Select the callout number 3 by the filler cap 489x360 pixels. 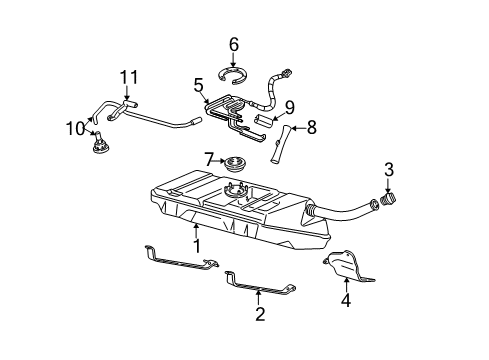coord(389,169)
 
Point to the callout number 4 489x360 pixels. coord(347,298)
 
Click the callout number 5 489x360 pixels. coord(198,86)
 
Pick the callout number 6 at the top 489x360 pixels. coord(234,44)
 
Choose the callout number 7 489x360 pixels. coord(208,158)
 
